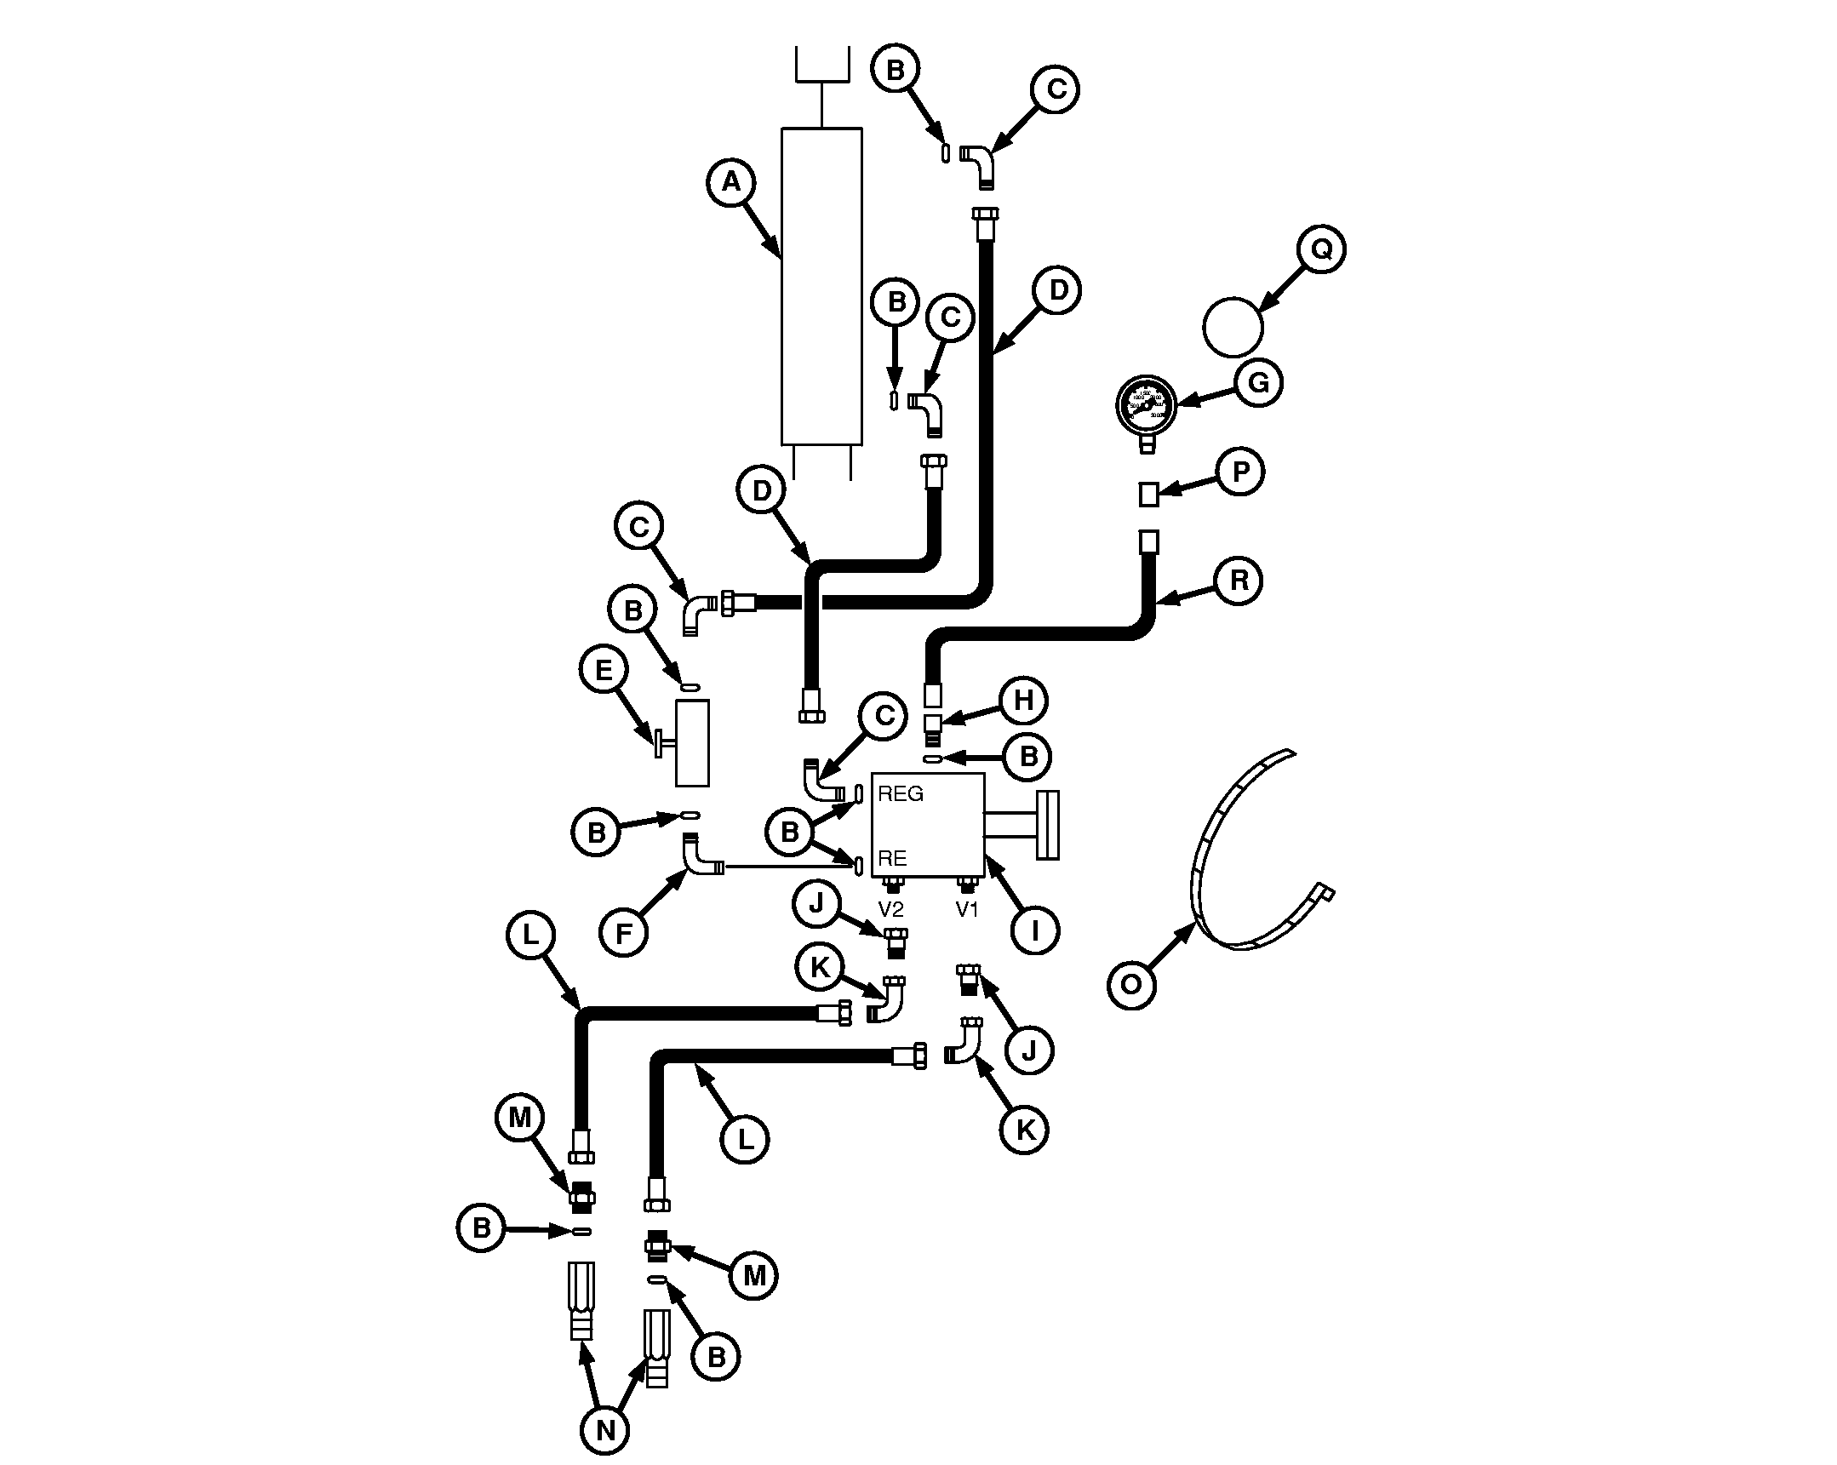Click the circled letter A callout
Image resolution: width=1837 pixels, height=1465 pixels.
[x=731, y=182]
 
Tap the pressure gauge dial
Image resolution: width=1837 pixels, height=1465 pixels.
[x=1146, y=404]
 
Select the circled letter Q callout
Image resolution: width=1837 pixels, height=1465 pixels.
[x=1320, y=249]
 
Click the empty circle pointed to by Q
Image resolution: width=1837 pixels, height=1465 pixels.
[x=1233, y=326]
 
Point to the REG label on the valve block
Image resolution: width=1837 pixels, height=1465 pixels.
[x=901, y=794]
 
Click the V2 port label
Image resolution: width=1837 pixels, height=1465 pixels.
[x=890, y=909]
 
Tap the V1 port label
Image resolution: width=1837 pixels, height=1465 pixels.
[x=967, y=909]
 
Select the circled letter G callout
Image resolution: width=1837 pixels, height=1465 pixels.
[x=1257, y=383]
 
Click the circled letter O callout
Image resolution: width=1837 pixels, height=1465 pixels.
[x=1130, y=985]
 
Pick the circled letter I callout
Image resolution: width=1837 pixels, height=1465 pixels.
[x=1034, y=930]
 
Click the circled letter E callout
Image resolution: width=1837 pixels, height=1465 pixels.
[x=604, y=670]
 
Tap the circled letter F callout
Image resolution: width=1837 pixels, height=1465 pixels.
[x=624, y=934]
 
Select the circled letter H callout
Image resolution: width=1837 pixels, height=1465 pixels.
[x=1023, y=701]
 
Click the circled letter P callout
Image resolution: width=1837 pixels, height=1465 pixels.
[x=1240, y=472]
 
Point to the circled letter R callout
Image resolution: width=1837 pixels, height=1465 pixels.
[x=1239, y=581]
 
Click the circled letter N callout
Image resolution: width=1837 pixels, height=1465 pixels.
[x=605, y=1430]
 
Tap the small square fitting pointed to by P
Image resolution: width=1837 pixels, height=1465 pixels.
[x=1148, y=495]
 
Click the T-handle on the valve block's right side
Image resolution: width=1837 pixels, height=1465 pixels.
[x=1046, y=824]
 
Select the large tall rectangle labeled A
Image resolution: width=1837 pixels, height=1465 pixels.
[x=821, y=286]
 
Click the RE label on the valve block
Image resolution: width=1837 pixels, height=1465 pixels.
[x=892, y=858]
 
